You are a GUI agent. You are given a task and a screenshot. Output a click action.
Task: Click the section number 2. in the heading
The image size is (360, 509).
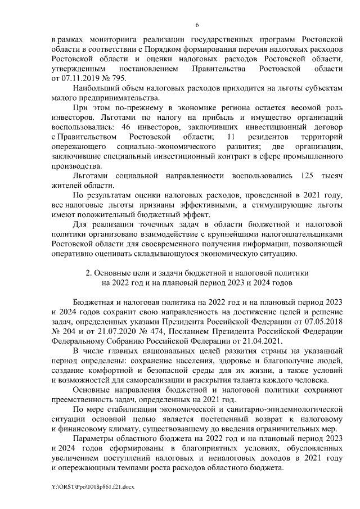click(x=89, y=273)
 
